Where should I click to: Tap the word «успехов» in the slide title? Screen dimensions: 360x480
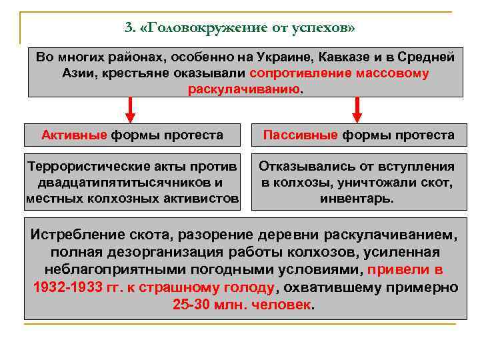point(321,27)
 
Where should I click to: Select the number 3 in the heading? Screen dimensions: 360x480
point(128,27)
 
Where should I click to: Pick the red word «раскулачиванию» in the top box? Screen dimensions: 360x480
point(243,90)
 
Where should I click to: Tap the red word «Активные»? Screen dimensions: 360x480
point(74,135)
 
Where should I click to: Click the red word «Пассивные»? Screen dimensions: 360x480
point(300,135)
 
